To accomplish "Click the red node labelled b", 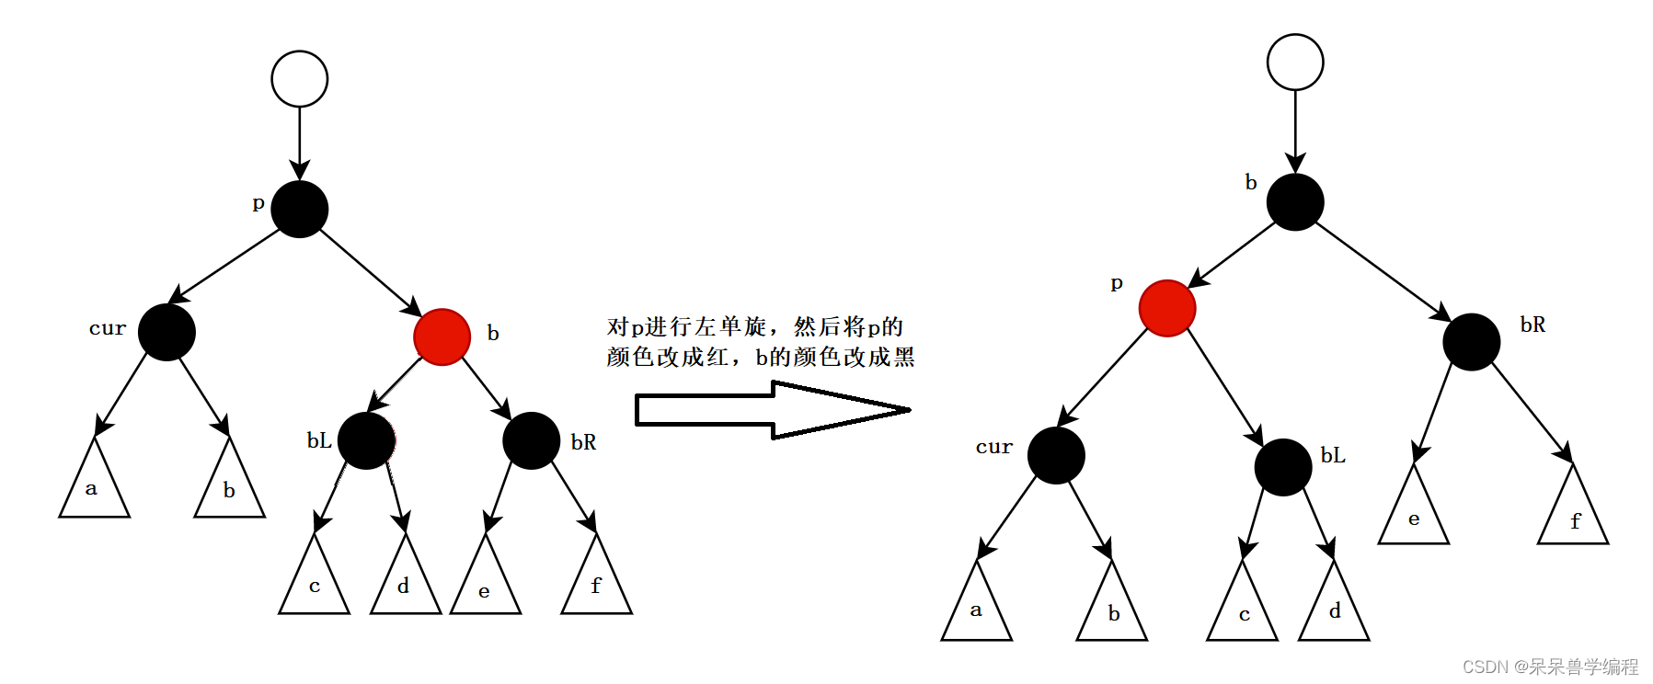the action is click(442, 337).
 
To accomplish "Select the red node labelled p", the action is click(1167, 308).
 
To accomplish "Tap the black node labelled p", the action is click(300, 210).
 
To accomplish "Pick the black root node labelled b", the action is click(1295, 202).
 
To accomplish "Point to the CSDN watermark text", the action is click(1551, 667).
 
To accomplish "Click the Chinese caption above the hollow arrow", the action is click(760, 341).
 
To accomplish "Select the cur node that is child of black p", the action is click(166, 332).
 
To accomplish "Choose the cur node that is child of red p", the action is click(1056, 455).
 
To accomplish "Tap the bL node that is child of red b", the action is click(366, 441).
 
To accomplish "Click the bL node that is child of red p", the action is click(1283, 467).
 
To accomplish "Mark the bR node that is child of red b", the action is click(532, 441).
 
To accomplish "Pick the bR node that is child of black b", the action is click(1472, 342).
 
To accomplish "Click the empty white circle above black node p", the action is click(300, 79).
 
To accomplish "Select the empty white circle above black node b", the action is click(1295, 63).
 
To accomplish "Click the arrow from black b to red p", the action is click(1234, 255).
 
